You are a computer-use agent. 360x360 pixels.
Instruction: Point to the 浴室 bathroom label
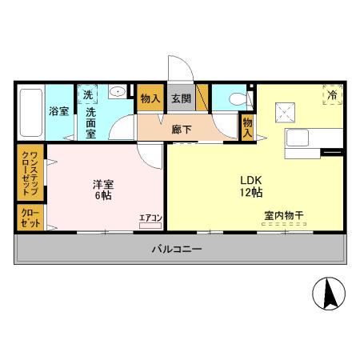coord(58,111)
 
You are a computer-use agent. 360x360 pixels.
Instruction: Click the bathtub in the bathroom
coord(30,113)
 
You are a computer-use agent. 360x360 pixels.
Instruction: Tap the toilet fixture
coord(238,99)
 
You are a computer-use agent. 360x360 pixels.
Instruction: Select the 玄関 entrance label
coord(180,99)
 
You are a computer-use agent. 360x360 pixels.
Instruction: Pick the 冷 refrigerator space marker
coord(331,95)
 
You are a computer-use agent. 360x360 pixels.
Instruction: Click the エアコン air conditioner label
coord(150,217)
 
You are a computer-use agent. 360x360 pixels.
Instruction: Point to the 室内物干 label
coord(283,215)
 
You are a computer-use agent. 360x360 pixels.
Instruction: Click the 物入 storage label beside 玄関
coord(150,99)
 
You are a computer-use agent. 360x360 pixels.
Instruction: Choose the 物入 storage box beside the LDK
coord(248,127)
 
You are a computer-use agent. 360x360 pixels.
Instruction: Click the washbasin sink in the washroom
coord(118,91)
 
